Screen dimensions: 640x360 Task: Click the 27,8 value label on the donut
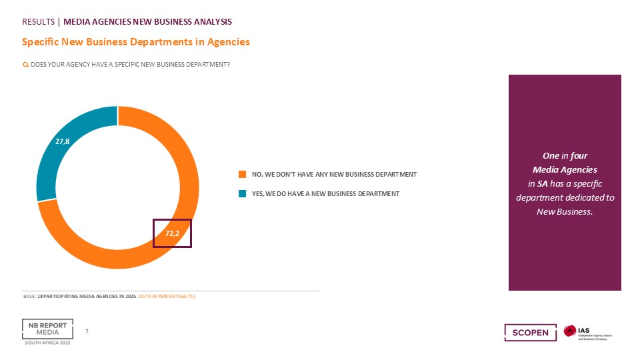pyautogui.click(x=63, y=141)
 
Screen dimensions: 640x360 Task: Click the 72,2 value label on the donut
pyautogui.click(x=172, y=233)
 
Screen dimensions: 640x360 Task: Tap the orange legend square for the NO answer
pyautogui.click(x=243, y=174)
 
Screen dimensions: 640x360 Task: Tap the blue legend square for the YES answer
pyautogui.click(x=243, y=193)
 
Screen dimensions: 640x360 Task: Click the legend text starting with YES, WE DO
pyautogui.click(x=326, y=193)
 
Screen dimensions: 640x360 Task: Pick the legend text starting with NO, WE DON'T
pyautogui.click(x=334, y=174)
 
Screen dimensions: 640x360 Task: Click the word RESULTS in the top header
pyautogui.click(x=39, y=21)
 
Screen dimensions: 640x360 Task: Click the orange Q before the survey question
pyautogui.click(x=25, y=65)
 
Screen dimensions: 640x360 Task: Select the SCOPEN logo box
pyautogui.click(x=531, y=332)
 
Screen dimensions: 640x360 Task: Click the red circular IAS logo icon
pyautogui.click(x=570, y=331)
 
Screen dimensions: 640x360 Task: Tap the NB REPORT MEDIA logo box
pyautogui.click(x=48, y=329)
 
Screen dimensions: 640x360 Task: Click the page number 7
pyautogui.click(x=87, y=331)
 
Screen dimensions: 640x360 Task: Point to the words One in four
pyautogui.click(x=565, y=155)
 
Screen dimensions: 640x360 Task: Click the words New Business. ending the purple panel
pyautogui.click(x=565, y=211)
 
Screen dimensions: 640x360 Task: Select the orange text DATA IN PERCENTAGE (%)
pyautogui.click(x=167, y=296)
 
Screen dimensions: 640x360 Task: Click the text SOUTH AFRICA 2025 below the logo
pyautogui.click(x=48, y=343)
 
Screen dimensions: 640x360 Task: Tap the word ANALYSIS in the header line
pyautogui.click(x=213, y=21)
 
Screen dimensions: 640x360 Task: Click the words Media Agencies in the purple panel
pyautogui.click(x=565, y=169)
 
